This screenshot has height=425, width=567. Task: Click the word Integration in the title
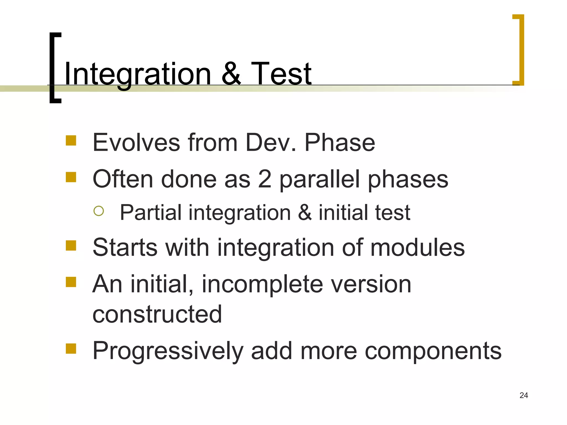(138, 74)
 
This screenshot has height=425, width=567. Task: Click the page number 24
(524, 395)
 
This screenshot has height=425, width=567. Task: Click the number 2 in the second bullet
(264, 179)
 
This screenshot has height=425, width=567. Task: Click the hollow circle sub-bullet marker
(99, 211)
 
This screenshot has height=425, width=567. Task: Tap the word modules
(417, 247)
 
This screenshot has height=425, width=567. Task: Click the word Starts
(125, 247)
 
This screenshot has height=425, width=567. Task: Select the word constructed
(157, 314)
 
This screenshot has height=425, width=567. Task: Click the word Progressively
(168, 351)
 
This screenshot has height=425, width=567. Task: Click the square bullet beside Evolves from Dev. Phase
(71, 141)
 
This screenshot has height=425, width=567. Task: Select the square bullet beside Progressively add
(71, 349)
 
